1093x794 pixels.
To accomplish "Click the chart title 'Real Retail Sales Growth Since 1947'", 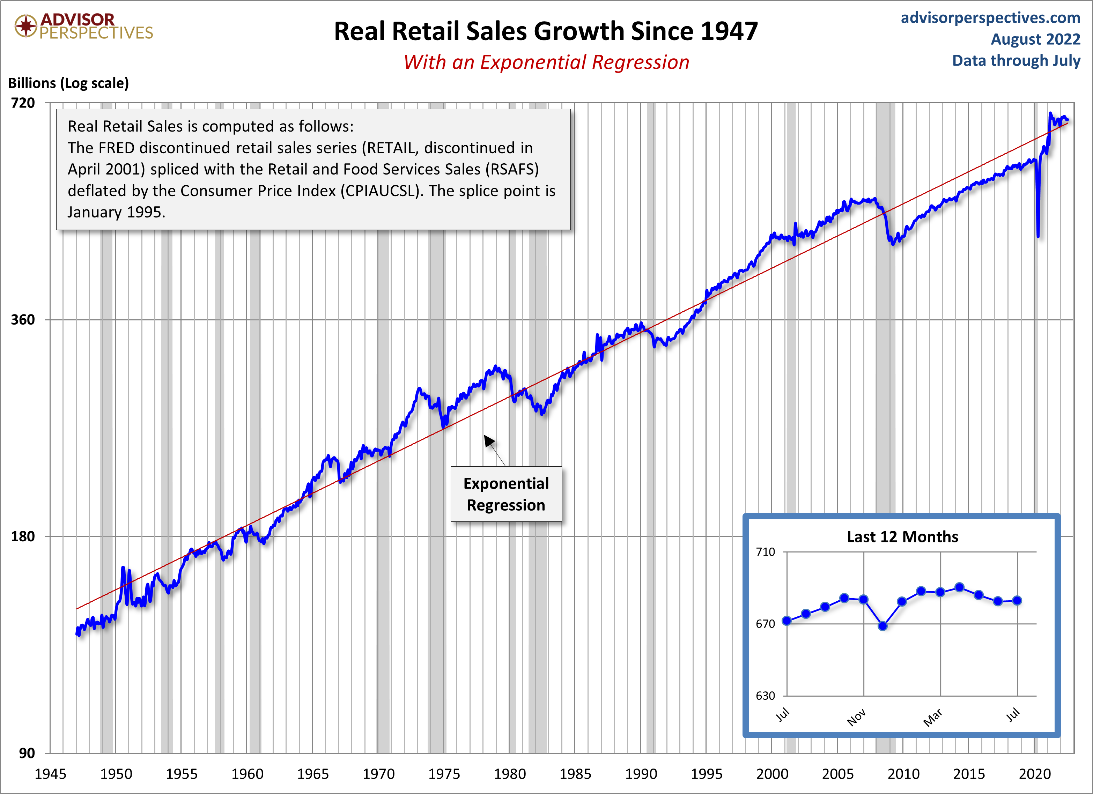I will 546,31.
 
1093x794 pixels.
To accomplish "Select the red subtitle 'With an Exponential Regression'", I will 546,62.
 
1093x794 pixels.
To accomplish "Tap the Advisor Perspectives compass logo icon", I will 25,25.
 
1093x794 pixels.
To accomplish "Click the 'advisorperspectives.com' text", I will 990,18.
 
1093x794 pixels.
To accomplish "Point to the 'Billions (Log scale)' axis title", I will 68,83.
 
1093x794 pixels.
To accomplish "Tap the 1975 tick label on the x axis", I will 444,774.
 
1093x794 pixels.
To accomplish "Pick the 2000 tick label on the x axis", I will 772,774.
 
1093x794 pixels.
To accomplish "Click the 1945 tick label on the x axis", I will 51,774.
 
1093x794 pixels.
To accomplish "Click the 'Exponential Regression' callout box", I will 506,494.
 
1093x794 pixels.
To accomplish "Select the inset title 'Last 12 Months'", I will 902,537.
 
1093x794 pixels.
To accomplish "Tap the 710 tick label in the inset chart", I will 765,552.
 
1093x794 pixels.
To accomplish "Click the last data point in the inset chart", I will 1017,600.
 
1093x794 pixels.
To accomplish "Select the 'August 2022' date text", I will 1035,39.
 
